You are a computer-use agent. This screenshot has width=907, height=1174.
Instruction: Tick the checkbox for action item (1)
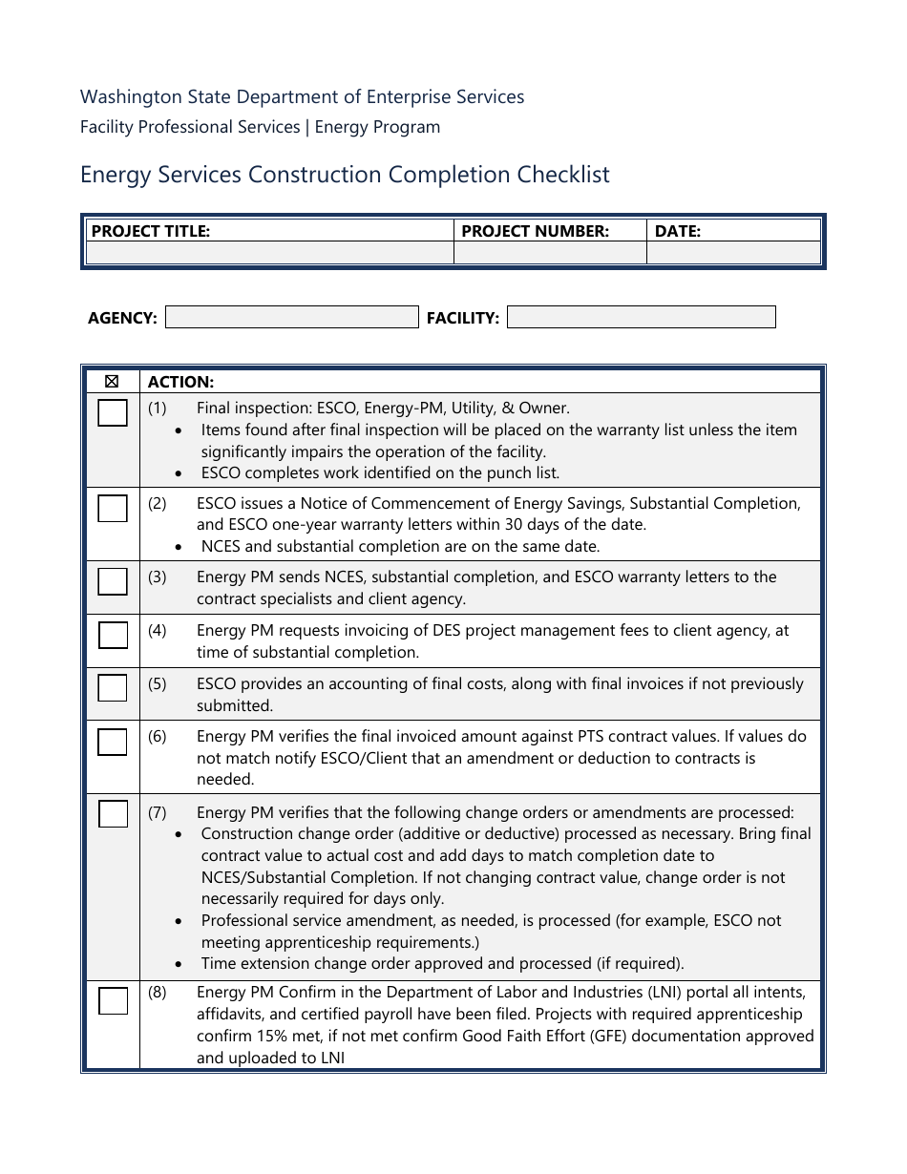tap(113, 413)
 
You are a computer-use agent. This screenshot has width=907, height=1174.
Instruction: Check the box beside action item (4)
tap(113, 635)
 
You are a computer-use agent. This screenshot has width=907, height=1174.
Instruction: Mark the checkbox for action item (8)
tap(113, 1001)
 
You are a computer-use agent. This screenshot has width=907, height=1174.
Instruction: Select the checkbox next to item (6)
tap(113, 742)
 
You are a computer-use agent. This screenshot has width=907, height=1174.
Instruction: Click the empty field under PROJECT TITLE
tap(269, 253)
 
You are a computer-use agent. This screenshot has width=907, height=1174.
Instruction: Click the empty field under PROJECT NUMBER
tap(550, 253)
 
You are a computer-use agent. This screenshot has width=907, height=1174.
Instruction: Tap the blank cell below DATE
tap(733, 253)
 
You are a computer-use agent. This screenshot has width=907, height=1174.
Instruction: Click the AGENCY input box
tap(291, 317)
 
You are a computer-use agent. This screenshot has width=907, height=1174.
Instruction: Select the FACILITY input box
tap(641, 317)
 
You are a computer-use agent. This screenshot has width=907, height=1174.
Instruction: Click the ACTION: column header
tap(180, 382)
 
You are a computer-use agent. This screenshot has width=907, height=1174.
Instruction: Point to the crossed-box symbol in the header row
tap(112, 382)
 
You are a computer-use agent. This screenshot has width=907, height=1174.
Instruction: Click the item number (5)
tap(157, 684)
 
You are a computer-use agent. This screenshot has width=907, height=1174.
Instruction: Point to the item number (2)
tap(157, 503)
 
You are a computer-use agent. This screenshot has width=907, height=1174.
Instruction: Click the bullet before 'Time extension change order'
tap(180, 964)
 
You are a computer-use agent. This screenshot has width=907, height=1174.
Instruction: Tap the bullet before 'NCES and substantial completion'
tap(180, 547)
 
